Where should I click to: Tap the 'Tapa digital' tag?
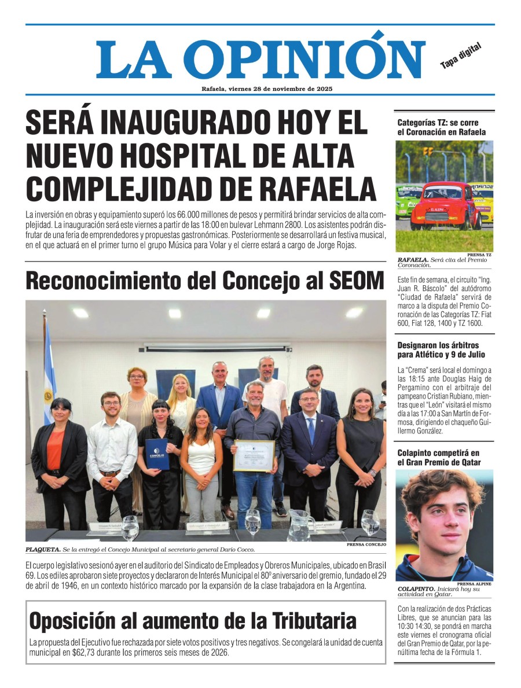pos(461,56)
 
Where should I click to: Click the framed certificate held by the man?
pos(254,455)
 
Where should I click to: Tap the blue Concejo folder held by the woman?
pos(156,453)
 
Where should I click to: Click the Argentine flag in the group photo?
pos(49,370)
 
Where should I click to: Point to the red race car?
pos(445,204)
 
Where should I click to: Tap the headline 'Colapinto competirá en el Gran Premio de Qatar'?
pos(439,457)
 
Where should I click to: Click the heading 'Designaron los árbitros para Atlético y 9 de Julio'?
pos(441,349)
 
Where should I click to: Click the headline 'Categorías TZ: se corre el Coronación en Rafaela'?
pos(441,127)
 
